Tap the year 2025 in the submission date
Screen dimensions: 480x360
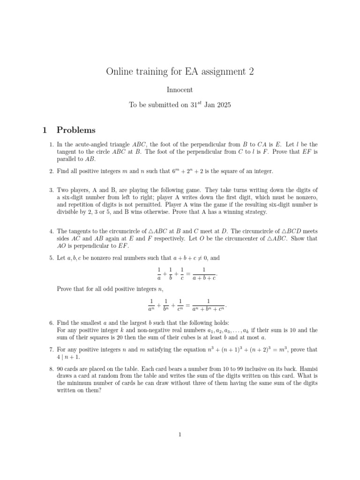pos(222,105)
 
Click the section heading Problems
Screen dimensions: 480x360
pos(76,130)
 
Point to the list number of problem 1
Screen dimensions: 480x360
pos(52,144)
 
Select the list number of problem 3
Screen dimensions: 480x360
pos(52,190)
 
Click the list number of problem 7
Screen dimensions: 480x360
pos(52,350)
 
